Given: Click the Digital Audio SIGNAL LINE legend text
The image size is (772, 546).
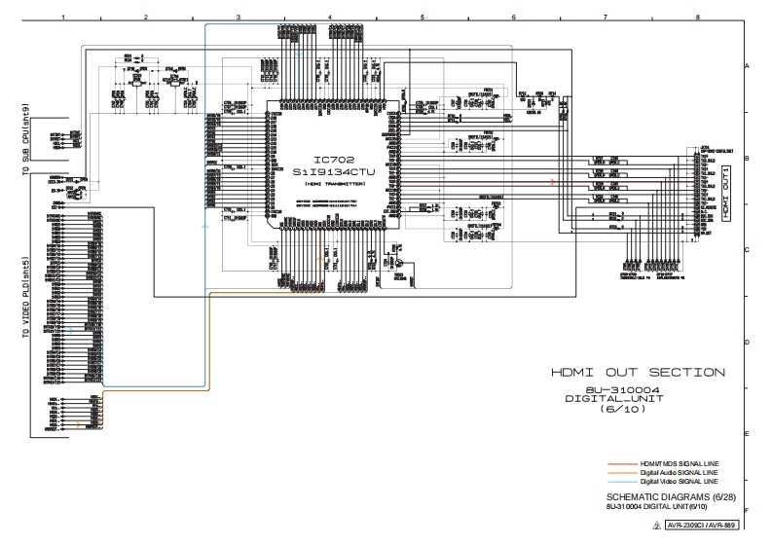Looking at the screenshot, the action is (x=680, y=471).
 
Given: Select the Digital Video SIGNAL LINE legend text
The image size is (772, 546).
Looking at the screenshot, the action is (x=680, y=481).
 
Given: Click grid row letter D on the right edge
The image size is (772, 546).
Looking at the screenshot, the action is (x=747, y=342).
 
